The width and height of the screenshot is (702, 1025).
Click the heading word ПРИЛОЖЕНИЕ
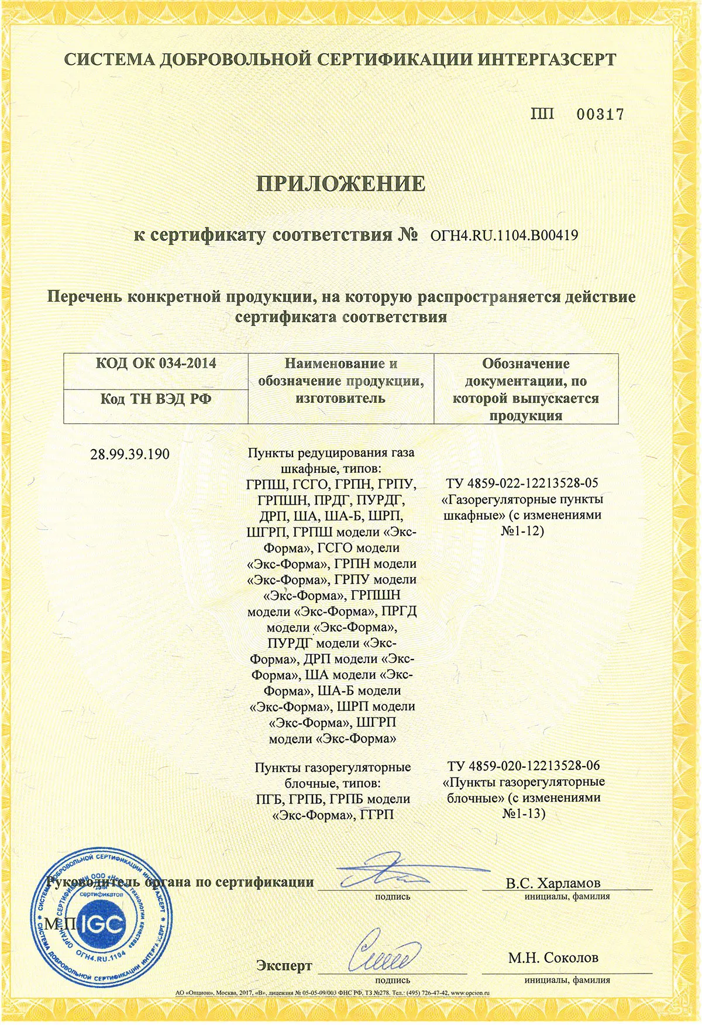[x=342, y=184]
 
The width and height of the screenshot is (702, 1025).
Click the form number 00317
[x=600, y=115]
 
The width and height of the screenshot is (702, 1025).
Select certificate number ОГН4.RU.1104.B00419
[x=504, y=236]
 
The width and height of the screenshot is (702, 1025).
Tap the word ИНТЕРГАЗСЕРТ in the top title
[x=546, y=60]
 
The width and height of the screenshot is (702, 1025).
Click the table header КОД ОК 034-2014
[x=156, y=363]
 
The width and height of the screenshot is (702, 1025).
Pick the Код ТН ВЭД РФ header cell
[x=156, y=399]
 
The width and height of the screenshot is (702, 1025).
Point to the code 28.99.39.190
[x=130, y=454]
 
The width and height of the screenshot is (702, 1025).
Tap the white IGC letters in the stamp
[x=103, y=924]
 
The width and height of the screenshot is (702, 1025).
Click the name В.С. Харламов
[x=553, y=883]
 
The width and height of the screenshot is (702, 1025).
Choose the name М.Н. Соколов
[x=553, y=958]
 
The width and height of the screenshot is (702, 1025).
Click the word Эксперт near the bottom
[x=284, y=966]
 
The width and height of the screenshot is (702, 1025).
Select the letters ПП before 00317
[x=543, y=114]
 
